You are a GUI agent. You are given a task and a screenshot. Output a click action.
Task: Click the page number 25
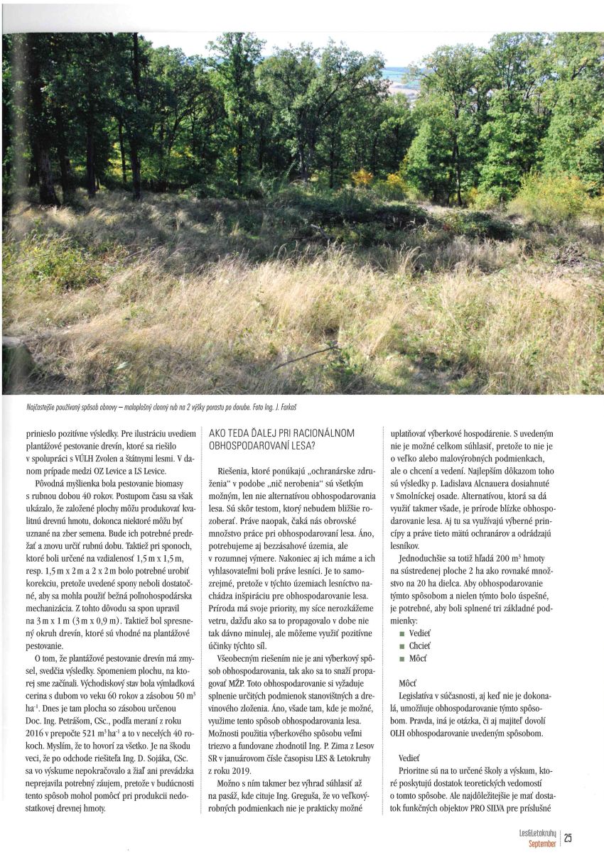(568, 839)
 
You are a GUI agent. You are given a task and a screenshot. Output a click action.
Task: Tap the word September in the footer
(543, 844)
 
